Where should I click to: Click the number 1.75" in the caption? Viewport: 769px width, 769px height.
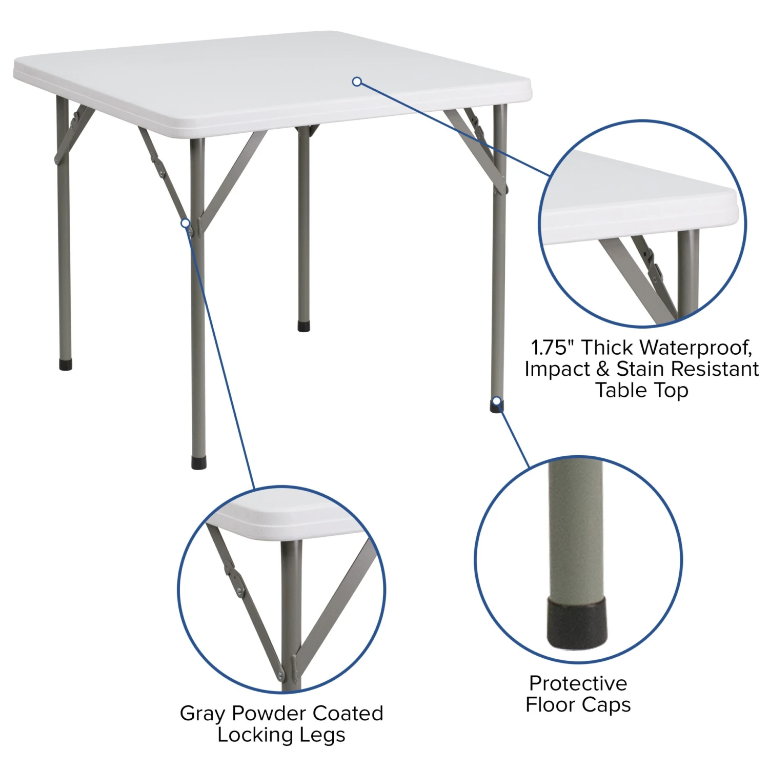pos(552,348)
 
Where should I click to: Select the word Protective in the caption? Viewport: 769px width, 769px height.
pos(578,683)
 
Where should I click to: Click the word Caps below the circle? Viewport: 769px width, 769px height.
pos(608,705)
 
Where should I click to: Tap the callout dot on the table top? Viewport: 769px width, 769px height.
pos(357,82)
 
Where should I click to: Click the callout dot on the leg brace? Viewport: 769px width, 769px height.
pos(185,223)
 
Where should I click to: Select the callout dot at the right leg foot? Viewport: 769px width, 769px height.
pos(496,401)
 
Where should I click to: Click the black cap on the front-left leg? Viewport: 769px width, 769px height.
pos(199,462)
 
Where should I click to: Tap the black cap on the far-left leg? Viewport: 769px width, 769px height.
pos(66,365)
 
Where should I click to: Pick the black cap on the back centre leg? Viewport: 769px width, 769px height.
pos(304,326)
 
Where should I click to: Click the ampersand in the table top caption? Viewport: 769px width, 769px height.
pos(603,369)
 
